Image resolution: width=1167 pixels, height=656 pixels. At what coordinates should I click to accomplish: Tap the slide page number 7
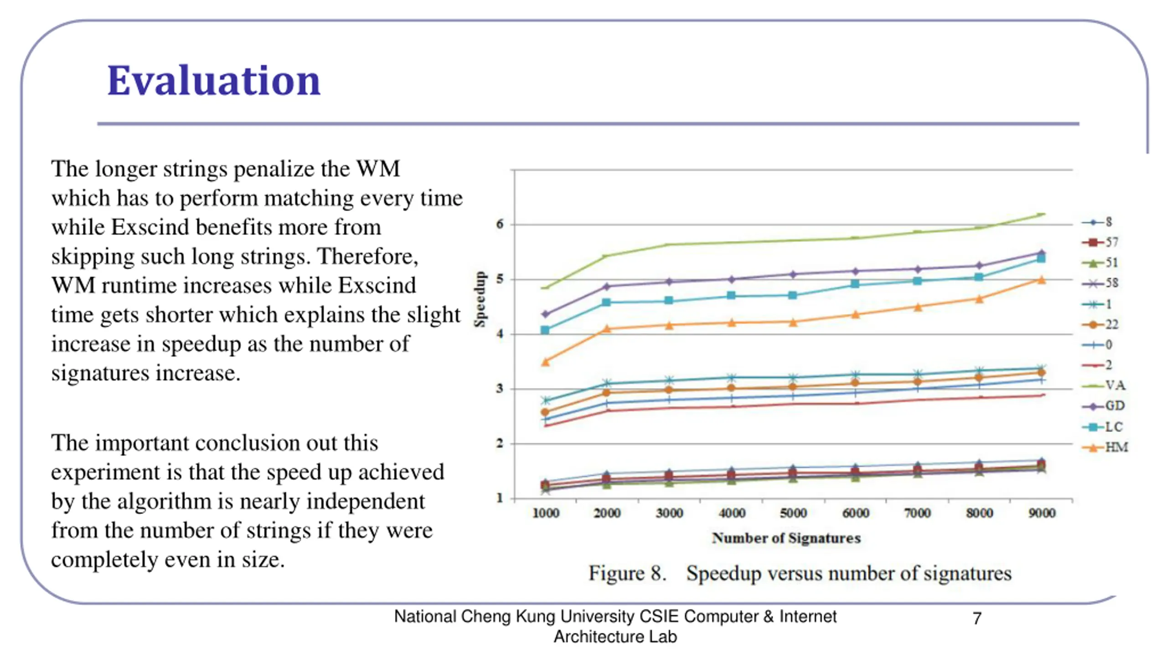pyautogui.click(x=976, y=618)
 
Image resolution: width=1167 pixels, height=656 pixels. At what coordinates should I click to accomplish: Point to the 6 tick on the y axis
pyautogui.click(x=500, y=224)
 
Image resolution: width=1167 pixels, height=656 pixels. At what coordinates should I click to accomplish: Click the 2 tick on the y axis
pyautogui.click(x=500, y=443)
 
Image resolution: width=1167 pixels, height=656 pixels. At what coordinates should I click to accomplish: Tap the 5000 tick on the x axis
pyautogui.click(x=793, y=513)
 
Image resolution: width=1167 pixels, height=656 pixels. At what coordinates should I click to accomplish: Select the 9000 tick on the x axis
pyautogui.click(x=1042, y=513)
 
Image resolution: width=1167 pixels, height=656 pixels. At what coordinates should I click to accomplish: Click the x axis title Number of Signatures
pyautogui.click(x=786, y=538)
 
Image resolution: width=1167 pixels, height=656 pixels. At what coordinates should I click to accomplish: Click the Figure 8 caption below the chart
pyautogui.click(x=800, y=573)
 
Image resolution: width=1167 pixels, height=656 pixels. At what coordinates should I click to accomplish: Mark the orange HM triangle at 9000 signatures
pyautogui.click(x=1042, y=280)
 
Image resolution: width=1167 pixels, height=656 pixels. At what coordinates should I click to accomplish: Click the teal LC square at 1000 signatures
pyautogui.click(x=545, y=330)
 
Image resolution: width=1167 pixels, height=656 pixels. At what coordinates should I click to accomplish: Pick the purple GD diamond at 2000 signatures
pyautogui.click(x=607, y=286)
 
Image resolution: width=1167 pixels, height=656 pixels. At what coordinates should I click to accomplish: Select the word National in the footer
pyautogui.click(x=425, y=616)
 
